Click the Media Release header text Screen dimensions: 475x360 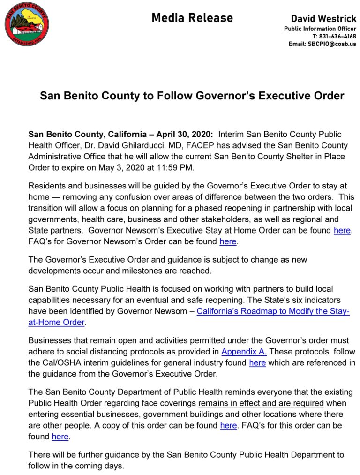[192, 18]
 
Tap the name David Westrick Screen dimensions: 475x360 [323, 19]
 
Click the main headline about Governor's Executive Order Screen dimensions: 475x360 [192, 96]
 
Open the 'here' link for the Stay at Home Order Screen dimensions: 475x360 [342, 231]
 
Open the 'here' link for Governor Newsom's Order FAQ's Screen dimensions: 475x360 [228, 242]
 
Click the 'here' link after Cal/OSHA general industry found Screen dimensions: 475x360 [257, 363]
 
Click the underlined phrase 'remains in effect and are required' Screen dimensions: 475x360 [261, 403]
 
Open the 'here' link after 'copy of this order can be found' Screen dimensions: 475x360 [228, 425]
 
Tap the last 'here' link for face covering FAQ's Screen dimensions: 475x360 [60, 437]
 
